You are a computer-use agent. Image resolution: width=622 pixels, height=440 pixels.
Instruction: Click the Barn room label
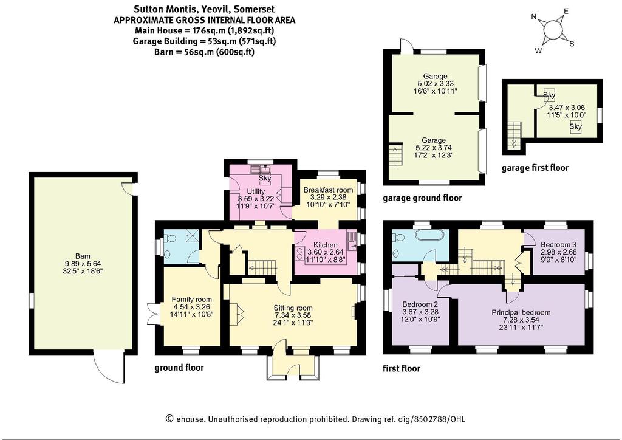point(83,256)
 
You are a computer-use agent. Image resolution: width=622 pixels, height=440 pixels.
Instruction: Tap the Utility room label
point(256,192)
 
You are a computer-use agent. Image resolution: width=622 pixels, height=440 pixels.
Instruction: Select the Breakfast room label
point(328,190)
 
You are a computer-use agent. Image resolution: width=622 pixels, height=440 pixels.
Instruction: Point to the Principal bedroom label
point(521,312)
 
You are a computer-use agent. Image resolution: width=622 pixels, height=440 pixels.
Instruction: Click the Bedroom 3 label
point(559,244)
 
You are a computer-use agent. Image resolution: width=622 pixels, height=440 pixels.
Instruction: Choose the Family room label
point(191,300)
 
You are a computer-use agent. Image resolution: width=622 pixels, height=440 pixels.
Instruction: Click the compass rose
point(553,30)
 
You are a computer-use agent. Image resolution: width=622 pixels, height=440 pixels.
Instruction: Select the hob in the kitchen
point(299,252)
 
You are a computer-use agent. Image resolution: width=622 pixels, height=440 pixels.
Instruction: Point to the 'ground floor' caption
point(179,368)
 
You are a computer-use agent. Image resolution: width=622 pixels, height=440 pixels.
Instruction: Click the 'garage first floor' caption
point(535,168)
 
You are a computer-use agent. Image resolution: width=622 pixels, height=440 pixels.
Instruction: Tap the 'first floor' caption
point(402,368)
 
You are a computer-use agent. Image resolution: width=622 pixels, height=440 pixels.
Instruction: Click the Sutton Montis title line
point(204,9)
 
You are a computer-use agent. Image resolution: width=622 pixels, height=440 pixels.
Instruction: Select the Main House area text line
point(204,30)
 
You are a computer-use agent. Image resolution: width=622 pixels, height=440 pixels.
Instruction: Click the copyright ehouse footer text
point(315,419)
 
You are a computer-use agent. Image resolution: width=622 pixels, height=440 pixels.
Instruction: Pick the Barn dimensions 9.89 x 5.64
point(83,263)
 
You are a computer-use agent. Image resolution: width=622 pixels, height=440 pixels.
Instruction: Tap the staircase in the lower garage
point(395,156)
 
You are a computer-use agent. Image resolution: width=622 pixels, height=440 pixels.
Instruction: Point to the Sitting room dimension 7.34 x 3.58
point(293,315)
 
